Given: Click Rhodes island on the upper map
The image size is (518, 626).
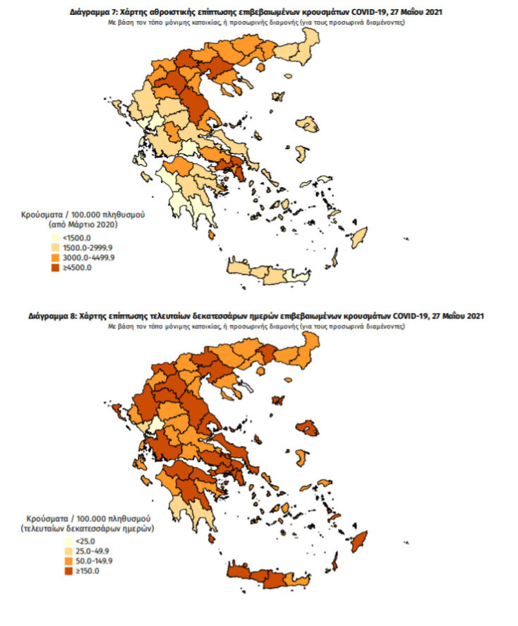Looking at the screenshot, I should [x=360, y=237].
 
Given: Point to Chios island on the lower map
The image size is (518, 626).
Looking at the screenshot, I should [x=304, y=456].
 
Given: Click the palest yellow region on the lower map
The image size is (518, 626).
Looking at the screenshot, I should [x=151, y=427].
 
